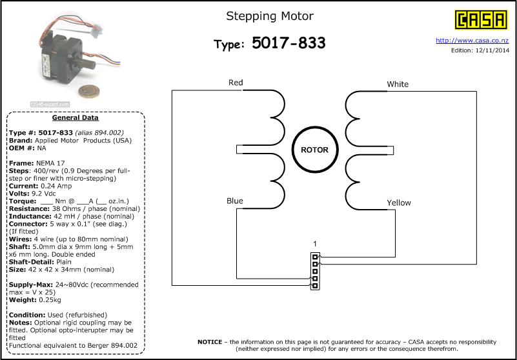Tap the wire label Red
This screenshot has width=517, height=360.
coord(236,83)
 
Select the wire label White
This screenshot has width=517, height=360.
coord(398,84)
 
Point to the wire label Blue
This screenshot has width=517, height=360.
coord(235,201)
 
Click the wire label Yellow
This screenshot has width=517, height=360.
coord(399,203)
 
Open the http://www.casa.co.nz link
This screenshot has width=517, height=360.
coord(472,41)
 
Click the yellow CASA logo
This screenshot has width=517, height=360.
coord(481,20)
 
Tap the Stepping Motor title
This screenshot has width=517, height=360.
coord(270,16)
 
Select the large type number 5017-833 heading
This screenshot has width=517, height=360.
coord(289,43)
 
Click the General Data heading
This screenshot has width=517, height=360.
coord(75,117)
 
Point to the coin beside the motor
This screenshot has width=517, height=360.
coord(88,91)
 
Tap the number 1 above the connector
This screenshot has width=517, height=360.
coord(315,244)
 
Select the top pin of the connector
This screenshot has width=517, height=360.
coord(315,257)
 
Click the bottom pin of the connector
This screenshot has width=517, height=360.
coord(315,286)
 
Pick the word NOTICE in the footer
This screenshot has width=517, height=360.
coord(210,342)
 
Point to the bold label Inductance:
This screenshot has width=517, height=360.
coord(30,216)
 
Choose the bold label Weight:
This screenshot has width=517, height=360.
coord(23,300)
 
